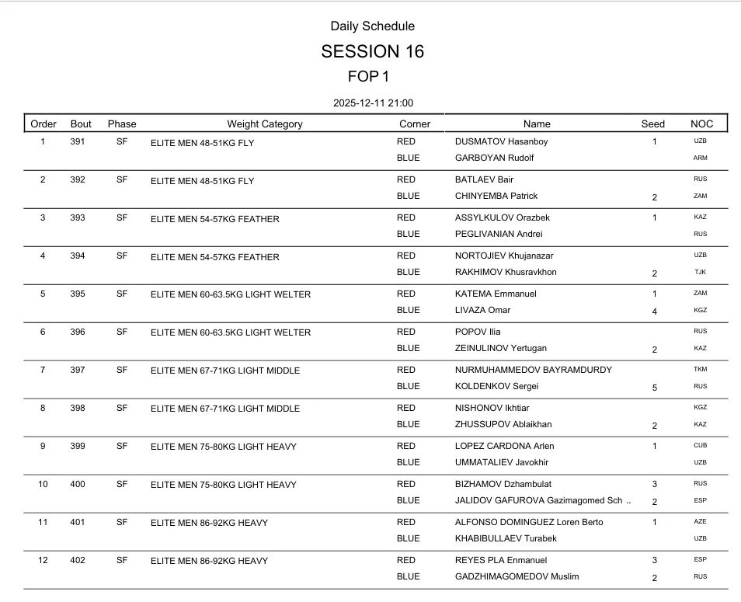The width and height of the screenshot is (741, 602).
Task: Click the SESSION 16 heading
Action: [372, 52]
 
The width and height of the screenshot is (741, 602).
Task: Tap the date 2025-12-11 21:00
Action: [373, 103]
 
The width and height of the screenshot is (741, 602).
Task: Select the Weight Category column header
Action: [265, 124]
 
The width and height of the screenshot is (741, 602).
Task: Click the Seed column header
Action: [653, 124]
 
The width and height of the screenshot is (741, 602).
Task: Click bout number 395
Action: [78, 294]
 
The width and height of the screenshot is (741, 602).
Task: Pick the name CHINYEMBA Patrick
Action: [496, 196]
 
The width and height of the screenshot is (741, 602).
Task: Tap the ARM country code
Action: [700, 158]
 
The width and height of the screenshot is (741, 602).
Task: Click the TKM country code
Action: [700, 370]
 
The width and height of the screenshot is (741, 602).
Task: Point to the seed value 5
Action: [655, 387]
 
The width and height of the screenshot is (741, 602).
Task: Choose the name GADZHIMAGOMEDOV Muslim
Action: [517, 576]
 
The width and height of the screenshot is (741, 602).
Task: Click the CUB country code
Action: [700, 446]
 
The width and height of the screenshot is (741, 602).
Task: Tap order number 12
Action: [43, 560]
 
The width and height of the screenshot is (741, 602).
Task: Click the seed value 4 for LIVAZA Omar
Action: [655, 311]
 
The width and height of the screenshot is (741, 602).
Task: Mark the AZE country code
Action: [700, 522]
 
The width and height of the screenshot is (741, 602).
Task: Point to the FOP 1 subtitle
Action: [369, 76]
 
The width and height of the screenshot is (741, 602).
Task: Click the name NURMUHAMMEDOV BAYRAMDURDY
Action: [533, 370]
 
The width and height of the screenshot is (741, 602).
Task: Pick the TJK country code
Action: [700, 273]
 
